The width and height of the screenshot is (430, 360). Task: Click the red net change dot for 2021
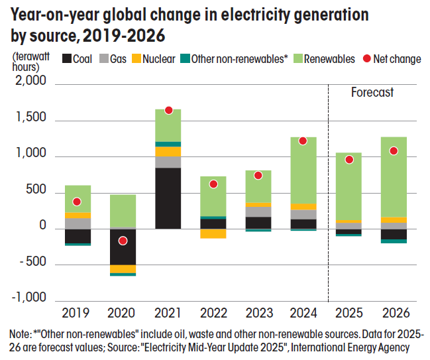click(x=168, y=110)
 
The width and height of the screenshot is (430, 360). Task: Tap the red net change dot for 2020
click(x=123, y=241)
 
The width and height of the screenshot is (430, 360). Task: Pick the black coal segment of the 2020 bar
click(x=123, y=247)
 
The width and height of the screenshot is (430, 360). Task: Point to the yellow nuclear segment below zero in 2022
click(x=213, y=233)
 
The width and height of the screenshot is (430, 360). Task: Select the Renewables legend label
click(x=331, y=59)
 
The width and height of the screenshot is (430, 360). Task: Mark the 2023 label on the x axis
click(x=258, y=312)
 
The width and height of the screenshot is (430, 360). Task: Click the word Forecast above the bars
click(x=372, y=93)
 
